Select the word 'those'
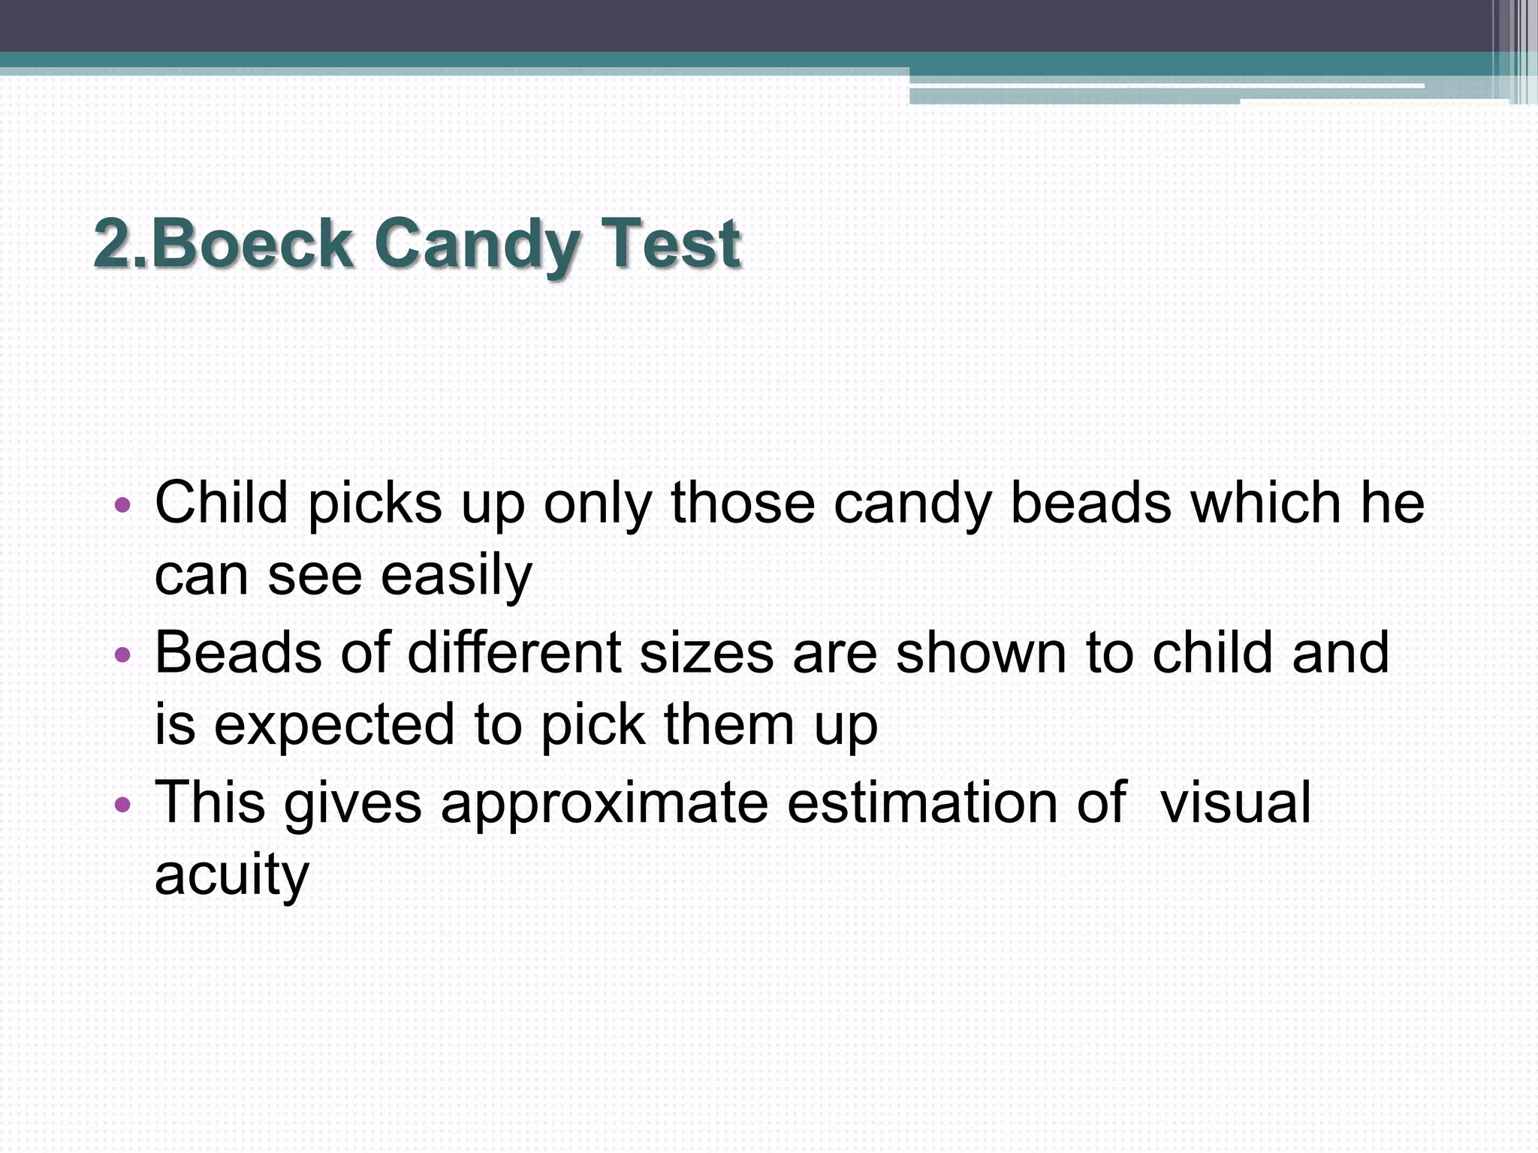coord(743,502)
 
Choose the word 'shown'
coord(981,652)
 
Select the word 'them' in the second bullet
coord(728,724)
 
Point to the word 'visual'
coord(1235,802)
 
